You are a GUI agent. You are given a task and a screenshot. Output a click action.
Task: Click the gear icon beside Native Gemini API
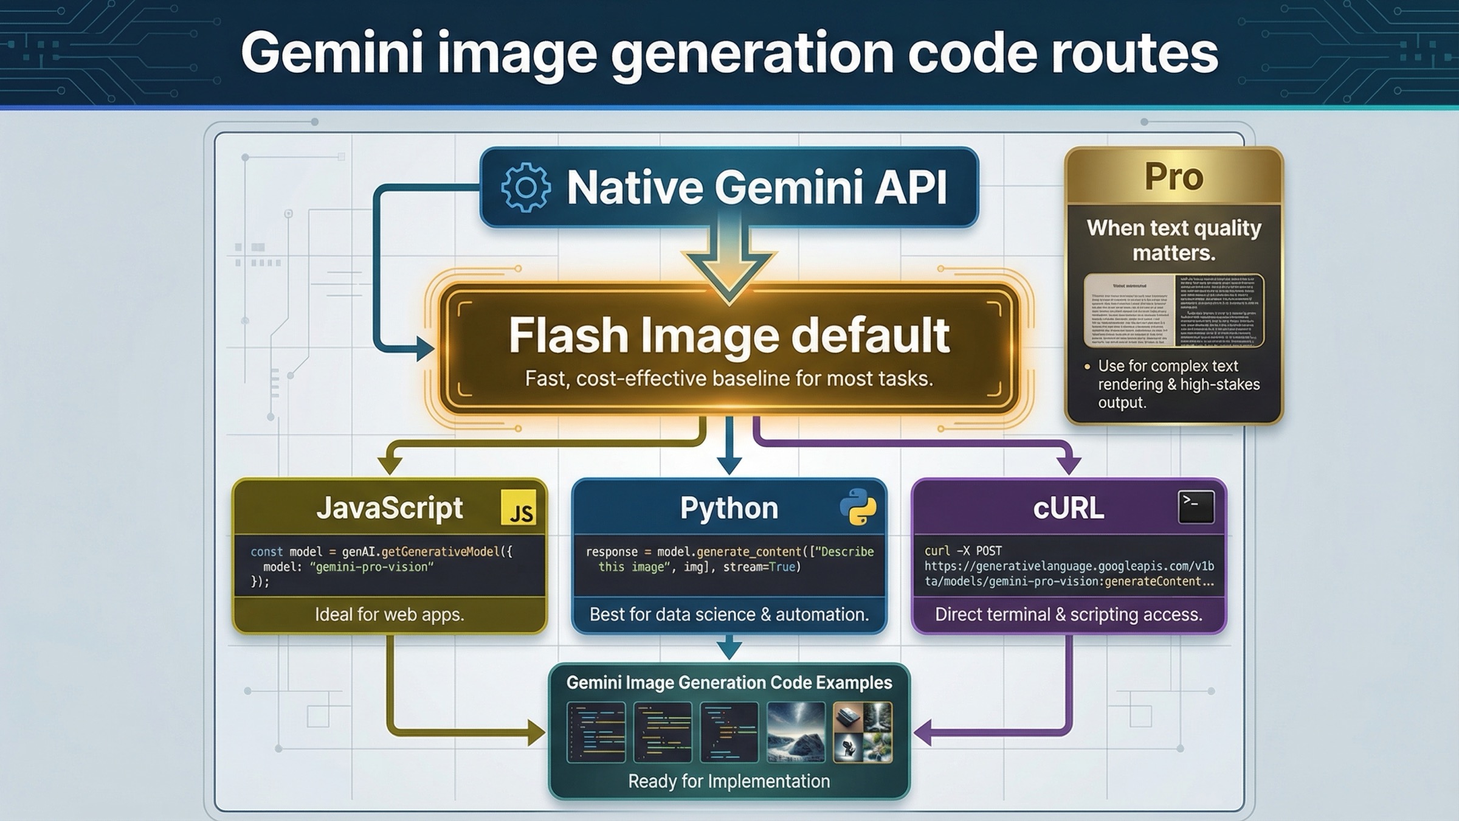[x=526, y=187]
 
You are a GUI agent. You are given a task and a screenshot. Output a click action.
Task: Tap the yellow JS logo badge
[x=519, y=508]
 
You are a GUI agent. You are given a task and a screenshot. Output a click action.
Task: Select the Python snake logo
[x=858, y=507]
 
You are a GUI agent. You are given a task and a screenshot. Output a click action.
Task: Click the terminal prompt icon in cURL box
[x=1196, y=507]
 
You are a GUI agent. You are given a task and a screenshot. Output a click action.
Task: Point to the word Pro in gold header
[x=1173, y=177]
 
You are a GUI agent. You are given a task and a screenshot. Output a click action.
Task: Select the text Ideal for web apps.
[x=389, y=614]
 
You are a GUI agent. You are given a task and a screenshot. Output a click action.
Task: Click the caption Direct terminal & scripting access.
[x=1068, y=614]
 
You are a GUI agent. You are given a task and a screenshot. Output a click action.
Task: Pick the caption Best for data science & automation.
[x=729, y=614]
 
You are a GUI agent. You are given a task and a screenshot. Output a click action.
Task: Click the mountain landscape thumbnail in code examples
[x=796, y=732]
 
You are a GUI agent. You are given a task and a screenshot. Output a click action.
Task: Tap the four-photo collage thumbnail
[x=862, y=732]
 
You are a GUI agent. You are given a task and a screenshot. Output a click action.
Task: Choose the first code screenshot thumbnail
[x=596, y=732]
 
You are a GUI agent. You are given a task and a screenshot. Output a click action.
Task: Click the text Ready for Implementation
[x=729, y=781]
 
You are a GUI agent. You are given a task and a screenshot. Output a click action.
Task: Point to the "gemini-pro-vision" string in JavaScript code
[x=371, y=567]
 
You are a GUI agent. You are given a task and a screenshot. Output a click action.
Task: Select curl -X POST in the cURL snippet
[x=963, y=551]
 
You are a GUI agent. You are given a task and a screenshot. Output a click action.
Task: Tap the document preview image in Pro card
[x=1173, y=310]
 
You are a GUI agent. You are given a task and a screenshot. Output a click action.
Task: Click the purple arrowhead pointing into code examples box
[x=923, y=732]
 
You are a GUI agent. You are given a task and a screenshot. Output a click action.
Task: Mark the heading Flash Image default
[x=729, y=336]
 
